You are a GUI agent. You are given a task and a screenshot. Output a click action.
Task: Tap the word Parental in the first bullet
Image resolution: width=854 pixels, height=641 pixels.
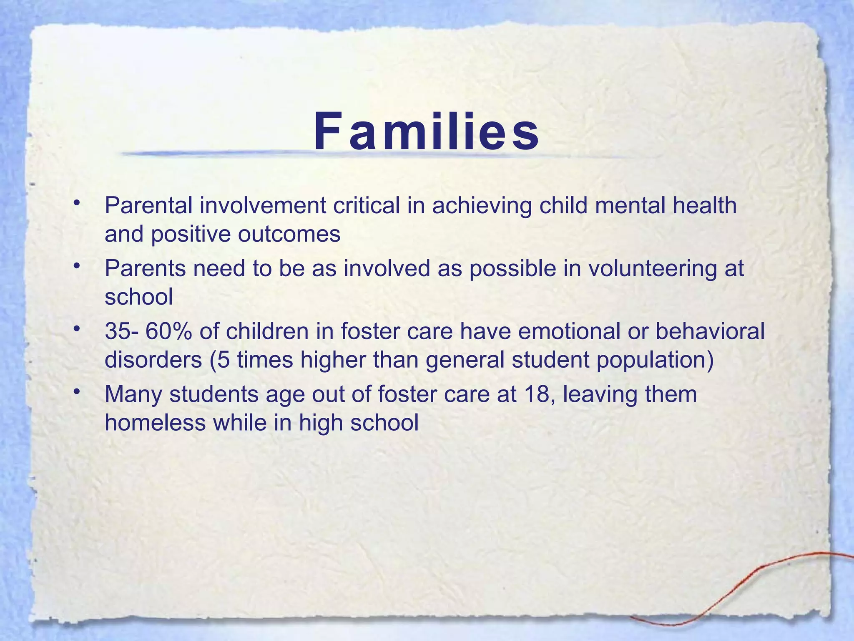[x=148, y=206]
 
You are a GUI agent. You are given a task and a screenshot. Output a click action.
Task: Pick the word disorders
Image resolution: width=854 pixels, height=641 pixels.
[x=153, y=360]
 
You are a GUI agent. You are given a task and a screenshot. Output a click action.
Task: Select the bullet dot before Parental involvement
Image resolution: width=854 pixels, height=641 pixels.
[x=75, y=203]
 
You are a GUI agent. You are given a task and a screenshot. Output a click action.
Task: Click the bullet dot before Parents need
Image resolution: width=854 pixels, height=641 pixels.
[x=75, y=266]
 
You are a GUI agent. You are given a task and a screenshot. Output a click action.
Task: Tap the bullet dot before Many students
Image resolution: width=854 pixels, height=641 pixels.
[x=75, y=391]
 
